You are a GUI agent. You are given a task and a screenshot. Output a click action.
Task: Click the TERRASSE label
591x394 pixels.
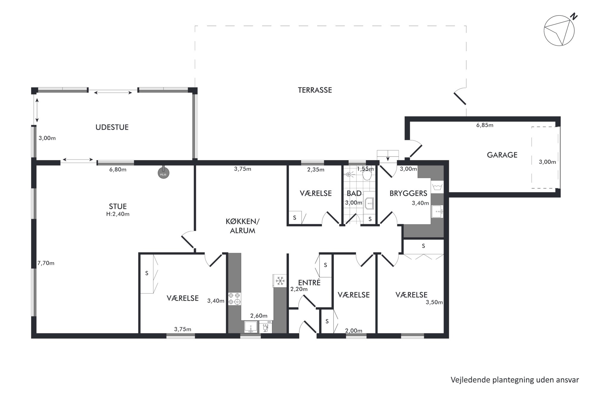pos(315,90)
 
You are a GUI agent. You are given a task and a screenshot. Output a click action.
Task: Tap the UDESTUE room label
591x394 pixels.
pos(112,127)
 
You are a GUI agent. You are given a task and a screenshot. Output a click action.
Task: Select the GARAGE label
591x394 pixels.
pos(502,155)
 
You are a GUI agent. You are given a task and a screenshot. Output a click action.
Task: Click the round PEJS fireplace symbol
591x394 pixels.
pos(163,173)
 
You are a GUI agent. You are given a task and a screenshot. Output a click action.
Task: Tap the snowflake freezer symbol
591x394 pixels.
pos(280,281)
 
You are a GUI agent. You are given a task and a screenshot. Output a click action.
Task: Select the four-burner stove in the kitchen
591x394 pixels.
pos(234,299)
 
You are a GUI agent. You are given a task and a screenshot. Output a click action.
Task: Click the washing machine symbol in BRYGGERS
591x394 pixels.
pos(437,187)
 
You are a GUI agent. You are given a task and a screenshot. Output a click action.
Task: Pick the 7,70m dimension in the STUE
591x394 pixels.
pos(46,263)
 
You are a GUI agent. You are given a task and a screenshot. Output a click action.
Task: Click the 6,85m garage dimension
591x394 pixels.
pos(485,125)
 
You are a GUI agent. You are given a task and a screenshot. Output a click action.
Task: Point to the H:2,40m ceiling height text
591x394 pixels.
pos(118,214)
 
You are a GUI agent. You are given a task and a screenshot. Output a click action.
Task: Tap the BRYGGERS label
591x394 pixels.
pos(408,193)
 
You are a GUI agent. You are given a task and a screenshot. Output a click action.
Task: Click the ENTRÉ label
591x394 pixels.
pos(309,282)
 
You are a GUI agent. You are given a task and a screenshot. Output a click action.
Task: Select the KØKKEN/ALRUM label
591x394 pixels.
pos(242,226)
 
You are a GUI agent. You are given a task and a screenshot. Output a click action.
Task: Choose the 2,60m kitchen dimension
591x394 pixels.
pos(259,316)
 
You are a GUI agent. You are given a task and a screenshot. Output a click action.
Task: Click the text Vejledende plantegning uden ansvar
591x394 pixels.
pos(515,380)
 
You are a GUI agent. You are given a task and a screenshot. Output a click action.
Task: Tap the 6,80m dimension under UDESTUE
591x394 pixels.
pos(118,169)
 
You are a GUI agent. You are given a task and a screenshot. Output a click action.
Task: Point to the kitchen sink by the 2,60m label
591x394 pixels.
pos(251,327)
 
